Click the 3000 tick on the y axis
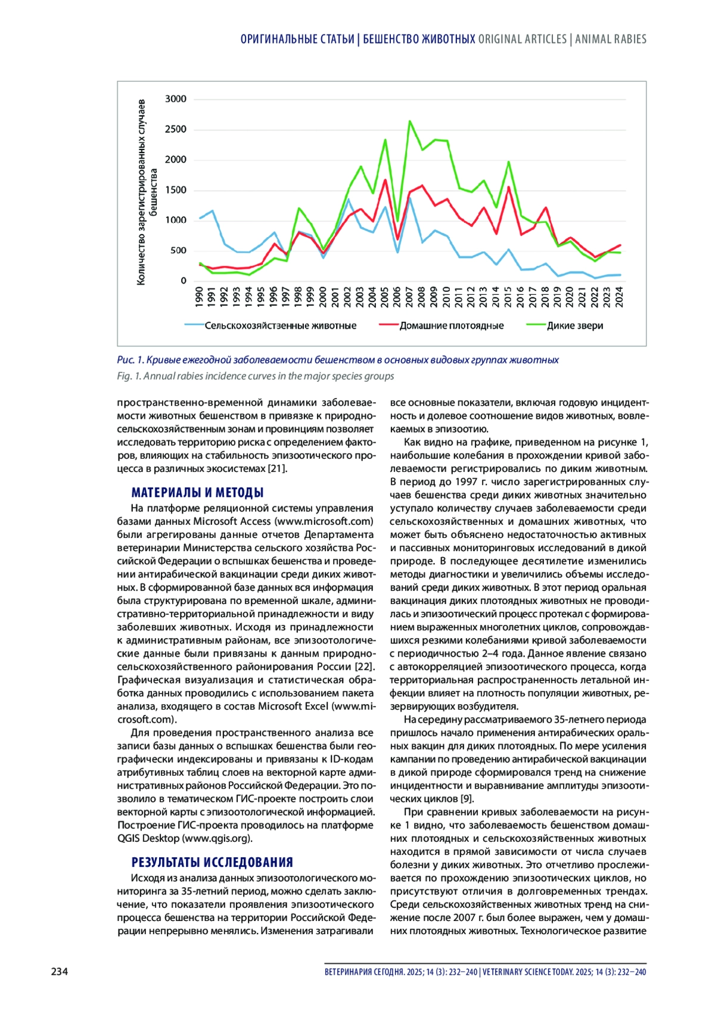coord(175,99)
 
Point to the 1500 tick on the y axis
coord(175,190)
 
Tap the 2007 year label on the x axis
coord(409,297)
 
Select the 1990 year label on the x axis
coord(200,297)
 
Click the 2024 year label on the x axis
coord(620,297)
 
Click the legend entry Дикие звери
coord(574,326)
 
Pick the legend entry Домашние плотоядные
coord(451,326)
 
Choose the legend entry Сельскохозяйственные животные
coord(280,326)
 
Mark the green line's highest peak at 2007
coord(409,121)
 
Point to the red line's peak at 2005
coord(385,179)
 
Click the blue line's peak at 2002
coord(348,199)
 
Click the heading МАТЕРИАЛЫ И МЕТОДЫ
coord(197,493)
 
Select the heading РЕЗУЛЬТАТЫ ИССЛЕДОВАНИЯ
coord(212,862)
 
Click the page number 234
coord(60,972)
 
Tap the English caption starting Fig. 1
coord(255,376)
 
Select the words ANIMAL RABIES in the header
coord(611,39)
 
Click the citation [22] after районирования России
coord(364,667)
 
